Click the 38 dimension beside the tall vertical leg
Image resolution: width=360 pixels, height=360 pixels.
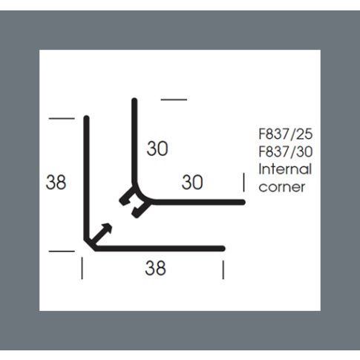point(56,182)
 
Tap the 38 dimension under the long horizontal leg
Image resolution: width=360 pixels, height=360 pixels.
point(155,268)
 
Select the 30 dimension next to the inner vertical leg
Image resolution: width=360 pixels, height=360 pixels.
point(157,148)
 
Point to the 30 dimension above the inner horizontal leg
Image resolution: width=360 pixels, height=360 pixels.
point(192,182)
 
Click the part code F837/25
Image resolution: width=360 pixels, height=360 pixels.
point(286,134)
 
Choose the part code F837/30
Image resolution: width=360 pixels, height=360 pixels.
point(286,151)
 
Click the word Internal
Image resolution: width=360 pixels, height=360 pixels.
point(285,169)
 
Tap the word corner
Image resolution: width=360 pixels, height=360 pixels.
point(282,187)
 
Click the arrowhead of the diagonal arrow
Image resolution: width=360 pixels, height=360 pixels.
point(107,228)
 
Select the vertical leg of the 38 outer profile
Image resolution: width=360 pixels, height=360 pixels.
point(86,178)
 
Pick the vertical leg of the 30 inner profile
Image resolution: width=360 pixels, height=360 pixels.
point(134,142)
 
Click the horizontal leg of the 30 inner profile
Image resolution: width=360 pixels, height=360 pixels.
point(199,202)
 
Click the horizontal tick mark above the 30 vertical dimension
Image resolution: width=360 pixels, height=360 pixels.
point(174,99)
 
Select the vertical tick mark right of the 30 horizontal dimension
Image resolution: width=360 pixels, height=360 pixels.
point(244,183)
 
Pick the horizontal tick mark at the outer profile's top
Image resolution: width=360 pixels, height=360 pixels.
point(62,119)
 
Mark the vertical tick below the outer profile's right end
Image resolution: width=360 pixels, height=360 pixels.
point(223,269)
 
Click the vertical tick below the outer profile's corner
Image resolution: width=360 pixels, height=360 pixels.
point(82,268)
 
